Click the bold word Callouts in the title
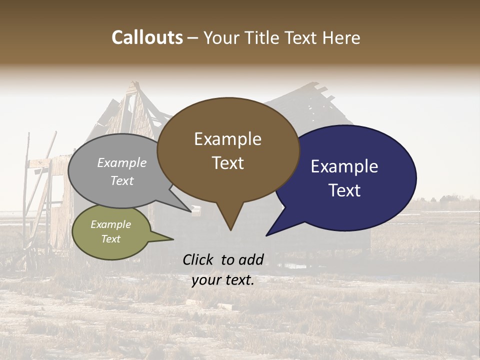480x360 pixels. (x=147, y=37)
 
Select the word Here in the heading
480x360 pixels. (x=341, y=37)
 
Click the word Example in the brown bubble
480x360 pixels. (x=227, y=139)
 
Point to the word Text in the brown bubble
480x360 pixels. (x=227, y=163)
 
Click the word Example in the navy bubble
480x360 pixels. (x=344, y=166)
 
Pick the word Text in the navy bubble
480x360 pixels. (x=344, y=190)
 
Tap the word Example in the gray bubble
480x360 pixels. (x=122, y=163)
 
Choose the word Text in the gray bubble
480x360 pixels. (x=122, y=180)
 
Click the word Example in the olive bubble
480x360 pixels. (x=111, y=224)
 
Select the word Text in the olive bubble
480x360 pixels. (x=111, y=239)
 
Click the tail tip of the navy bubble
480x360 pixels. (x=267, y=234)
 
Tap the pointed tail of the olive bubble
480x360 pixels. (x=172, y=239)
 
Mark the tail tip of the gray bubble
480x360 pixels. (x=191, y=211)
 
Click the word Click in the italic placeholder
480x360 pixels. (x=199, y=259)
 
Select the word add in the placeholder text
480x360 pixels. (x=251, y=259)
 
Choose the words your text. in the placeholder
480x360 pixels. (x=223, y=280)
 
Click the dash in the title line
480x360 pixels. (x=193, y=38)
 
